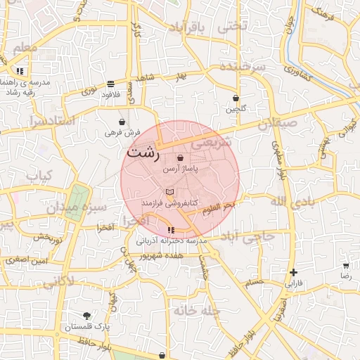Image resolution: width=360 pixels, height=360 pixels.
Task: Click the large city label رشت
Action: point(143,151)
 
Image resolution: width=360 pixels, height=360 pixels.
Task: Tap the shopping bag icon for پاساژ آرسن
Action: point(181,158)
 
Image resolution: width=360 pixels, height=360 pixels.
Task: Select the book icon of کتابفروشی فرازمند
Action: point(169,191)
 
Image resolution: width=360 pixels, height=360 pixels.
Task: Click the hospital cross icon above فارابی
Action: point(293,273)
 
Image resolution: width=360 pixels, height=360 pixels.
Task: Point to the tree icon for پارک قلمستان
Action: point(86,316)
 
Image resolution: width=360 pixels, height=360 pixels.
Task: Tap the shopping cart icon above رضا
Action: point(346,266)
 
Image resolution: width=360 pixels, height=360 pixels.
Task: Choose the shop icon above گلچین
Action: point(236,98)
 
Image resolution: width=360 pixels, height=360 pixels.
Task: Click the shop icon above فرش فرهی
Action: point(122,121)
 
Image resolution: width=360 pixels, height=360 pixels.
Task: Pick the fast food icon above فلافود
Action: point(112,82)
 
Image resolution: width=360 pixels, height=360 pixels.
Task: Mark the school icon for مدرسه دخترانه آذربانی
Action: point(171,230)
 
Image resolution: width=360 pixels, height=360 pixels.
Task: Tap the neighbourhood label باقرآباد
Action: point(189,27)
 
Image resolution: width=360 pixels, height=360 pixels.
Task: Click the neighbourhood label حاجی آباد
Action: point(250,237)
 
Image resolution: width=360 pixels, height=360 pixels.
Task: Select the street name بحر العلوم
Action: point(218,208)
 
